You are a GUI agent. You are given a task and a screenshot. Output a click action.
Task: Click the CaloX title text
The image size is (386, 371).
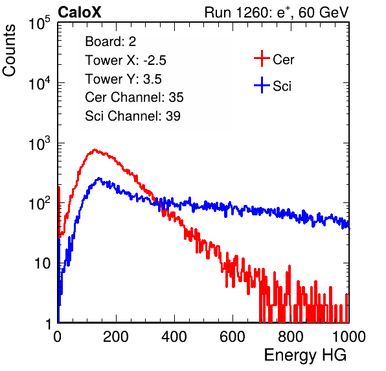tap(80, 12)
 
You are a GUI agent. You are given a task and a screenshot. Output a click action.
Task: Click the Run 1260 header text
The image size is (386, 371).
tap(277, 12)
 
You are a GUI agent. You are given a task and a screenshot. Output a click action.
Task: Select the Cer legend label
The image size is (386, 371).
tap(283, 60)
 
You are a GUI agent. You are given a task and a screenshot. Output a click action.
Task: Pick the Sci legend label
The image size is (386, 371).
tap(282, 86)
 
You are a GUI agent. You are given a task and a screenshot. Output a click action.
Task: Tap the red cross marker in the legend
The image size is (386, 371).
tap(262, 58)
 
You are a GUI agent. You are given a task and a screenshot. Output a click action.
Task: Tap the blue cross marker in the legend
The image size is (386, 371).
tap(262, 85)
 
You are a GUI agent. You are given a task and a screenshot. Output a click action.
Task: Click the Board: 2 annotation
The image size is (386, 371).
tap(110, 42)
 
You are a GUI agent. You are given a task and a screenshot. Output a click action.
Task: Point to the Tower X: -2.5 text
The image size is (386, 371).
tap(126, 60)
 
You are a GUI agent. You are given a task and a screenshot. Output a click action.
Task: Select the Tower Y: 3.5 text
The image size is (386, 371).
tap(123, 79)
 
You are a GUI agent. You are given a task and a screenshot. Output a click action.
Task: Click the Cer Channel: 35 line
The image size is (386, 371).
tap(134, 97)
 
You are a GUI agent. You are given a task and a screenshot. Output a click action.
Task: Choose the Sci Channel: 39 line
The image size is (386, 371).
tap(133, 116)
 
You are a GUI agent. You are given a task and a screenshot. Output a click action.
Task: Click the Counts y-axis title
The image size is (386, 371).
tap(9, 51)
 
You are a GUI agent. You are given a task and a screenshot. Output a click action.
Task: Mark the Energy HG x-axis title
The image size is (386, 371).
tap(305, 355)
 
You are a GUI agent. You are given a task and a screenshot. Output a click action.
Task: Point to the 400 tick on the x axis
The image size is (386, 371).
tap(174, 337)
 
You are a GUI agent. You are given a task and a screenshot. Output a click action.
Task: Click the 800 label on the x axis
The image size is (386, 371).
tap(291, 337)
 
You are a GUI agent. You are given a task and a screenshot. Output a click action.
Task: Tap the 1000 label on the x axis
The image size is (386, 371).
tap(349, 337)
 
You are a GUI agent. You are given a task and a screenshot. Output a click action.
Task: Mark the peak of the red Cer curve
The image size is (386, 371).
tap(95, 149)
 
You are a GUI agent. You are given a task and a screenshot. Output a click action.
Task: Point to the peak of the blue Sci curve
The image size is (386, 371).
tap(99, 178)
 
